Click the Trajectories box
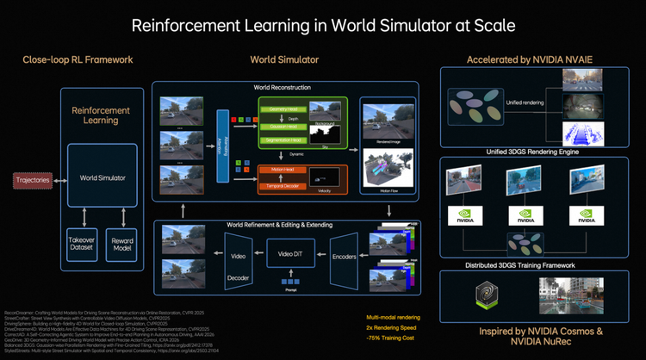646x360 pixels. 32,179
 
